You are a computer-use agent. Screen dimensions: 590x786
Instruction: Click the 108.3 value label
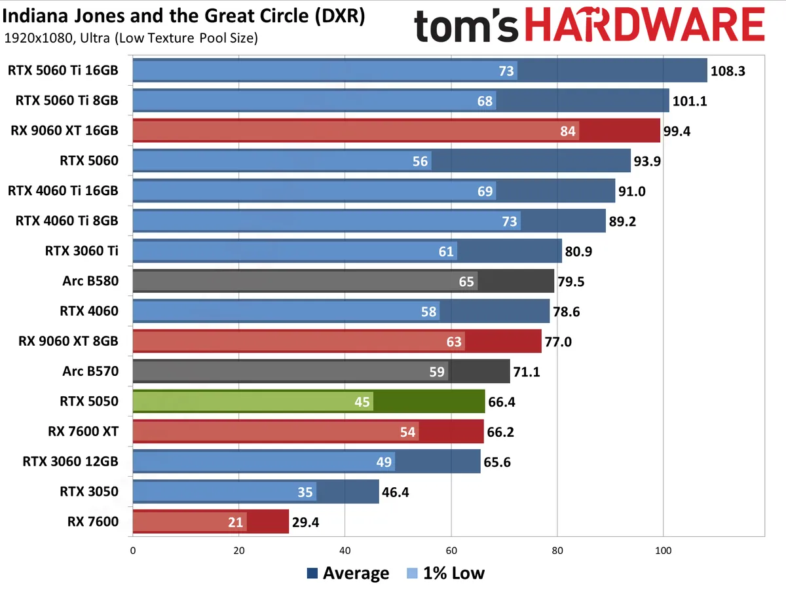[x=728, y=71]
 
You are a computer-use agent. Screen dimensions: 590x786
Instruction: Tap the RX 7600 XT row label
[x=83, y=432]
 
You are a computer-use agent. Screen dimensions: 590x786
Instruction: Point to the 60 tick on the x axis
[x=451, y=551]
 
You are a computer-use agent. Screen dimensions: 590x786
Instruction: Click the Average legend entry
[x=348, y=574]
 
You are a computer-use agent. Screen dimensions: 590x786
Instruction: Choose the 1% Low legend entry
[x=445, y=574]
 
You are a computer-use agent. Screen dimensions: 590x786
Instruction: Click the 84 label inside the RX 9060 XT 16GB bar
[x=568, y=131]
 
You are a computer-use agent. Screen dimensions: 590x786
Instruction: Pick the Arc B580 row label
[x=91, y=281]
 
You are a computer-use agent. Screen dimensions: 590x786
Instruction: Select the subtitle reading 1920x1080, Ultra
[x=131, y=38]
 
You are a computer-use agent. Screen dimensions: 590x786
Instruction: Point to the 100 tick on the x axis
[x=664, y=551]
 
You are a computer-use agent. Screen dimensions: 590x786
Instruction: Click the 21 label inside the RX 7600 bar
[x=236, y=523]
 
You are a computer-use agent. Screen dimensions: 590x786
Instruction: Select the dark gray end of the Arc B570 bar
[x=479, y=371]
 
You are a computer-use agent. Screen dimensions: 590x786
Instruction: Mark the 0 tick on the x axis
[x=133, y=551]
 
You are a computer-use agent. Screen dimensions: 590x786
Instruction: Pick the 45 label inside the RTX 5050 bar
[x=362, y=401]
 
